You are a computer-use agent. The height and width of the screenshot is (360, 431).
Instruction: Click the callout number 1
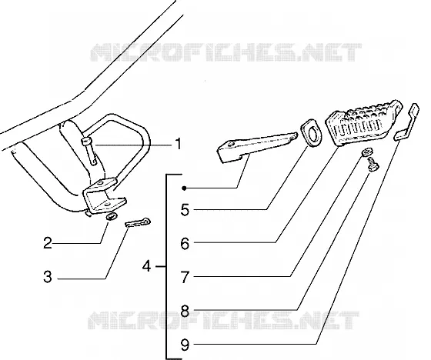179,144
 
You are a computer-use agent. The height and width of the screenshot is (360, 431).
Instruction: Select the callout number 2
48,243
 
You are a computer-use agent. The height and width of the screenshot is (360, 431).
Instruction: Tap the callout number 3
48,277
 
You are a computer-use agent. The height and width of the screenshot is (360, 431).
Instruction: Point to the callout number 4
147,266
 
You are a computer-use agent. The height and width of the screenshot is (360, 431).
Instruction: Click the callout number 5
185,210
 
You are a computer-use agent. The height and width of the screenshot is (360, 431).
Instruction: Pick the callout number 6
185,244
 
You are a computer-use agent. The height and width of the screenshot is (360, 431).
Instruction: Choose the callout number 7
185,277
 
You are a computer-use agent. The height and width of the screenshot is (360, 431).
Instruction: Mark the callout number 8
185,311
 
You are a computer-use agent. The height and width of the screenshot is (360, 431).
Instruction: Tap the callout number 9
185,345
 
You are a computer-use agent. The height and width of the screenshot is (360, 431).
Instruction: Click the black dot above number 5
185,188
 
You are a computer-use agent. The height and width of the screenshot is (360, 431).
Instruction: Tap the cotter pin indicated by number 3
138,222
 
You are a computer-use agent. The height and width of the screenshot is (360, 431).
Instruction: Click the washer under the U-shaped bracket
112,217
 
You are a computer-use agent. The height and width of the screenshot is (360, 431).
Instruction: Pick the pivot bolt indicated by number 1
89,151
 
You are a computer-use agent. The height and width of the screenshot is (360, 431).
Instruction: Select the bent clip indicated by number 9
407,122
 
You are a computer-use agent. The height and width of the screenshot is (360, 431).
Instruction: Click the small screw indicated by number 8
373,165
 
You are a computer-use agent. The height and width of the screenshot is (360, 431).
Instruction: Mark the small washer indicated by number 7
366,152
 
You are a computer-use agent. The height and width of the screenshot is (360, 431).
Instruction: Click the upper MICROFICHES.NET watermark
226,52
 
